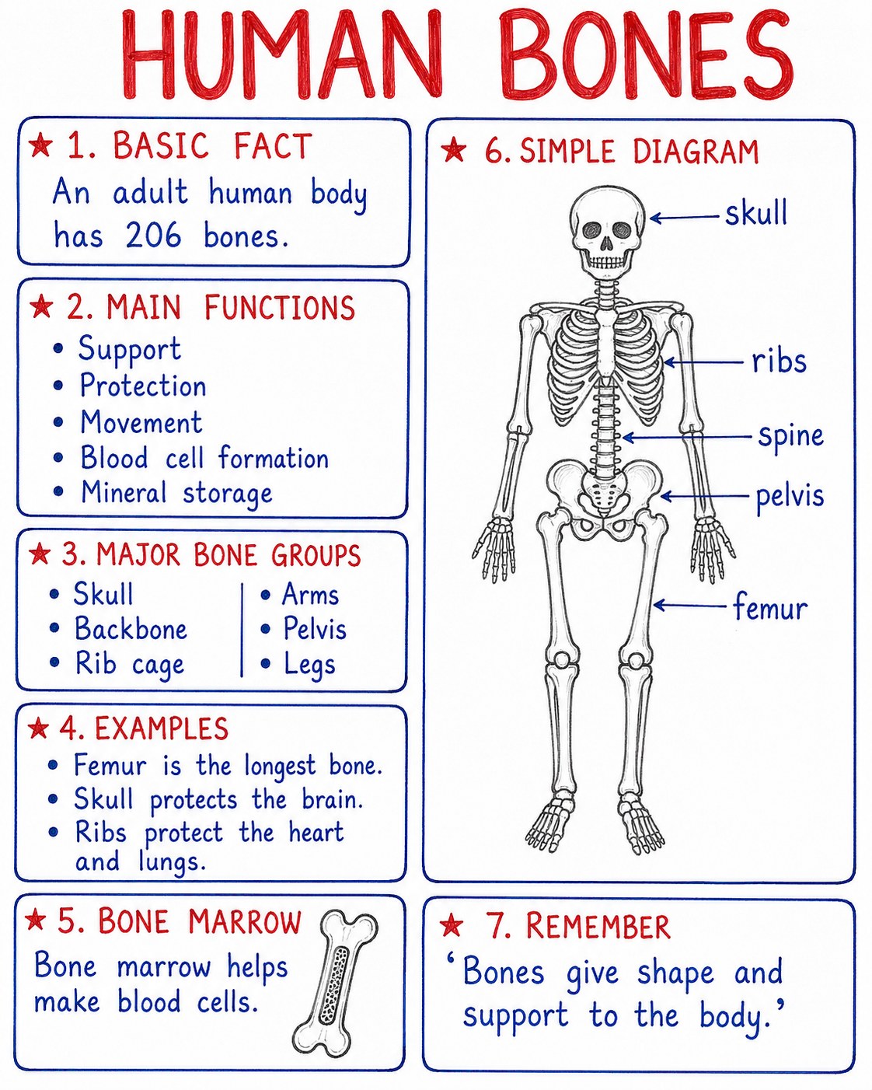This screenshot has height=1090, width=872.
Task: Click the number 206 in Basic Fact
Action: pos(153,235)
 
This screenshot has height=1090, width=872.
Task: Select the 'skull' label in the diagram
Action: pos(756,213)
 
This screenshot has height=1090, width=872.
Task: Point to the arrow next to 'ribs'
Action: pos(704,362)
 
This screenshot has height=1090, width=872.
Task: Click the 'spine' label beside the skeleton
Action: pos(790,436)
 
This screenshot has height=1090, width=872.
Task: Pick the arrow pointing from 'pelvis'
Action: pos(704,496)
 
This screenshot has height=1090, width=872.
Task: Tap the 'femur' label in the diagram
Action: pos(770,606)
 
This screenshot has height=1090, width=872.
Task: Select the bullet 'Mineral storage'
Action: pos(176,492)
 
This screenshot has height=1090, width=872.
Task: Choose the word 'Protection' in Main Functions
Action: pos(143,385)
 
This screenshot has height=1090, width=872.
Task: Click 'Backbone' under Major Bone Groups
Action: pos(131,628)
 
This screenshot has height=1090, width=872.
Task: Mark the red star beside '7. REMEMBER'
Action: pos(452,925)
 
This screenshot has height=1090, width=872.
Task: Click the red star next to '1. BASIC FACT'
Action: pos(41,146)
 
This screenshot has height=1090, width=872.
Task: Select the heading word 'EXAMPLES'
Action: pos(162,728)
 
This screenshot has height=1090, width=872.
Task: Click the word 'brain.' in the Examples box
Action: pos(333,800)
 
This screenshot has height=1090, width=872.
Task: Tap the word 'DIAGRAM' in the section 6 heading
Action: pos(696,151)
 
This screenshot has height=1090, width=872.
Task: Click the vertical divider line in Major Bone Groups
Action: pos(242,630)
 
